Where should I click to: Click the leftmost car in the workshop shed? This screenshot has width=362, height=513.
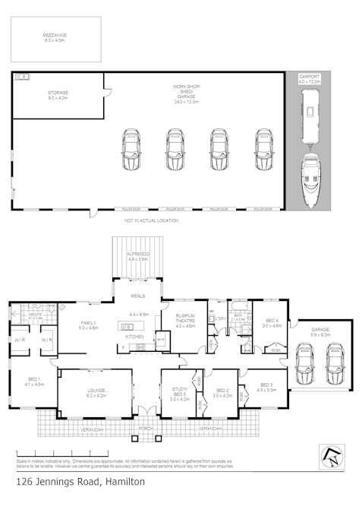(131, 150)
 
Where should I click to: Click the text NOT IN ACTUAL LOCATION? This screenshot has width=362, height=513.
(151, 220)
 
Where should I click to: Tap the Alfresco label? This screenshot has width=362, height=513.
(137, 255)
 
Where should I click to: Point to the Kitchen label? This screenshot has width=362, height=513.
(134, 336)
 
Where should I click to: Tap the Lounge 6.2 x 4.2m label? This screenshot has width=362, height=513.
(95, 393)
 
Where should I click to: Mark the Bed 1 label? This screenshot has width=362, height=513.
(35, 381)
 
